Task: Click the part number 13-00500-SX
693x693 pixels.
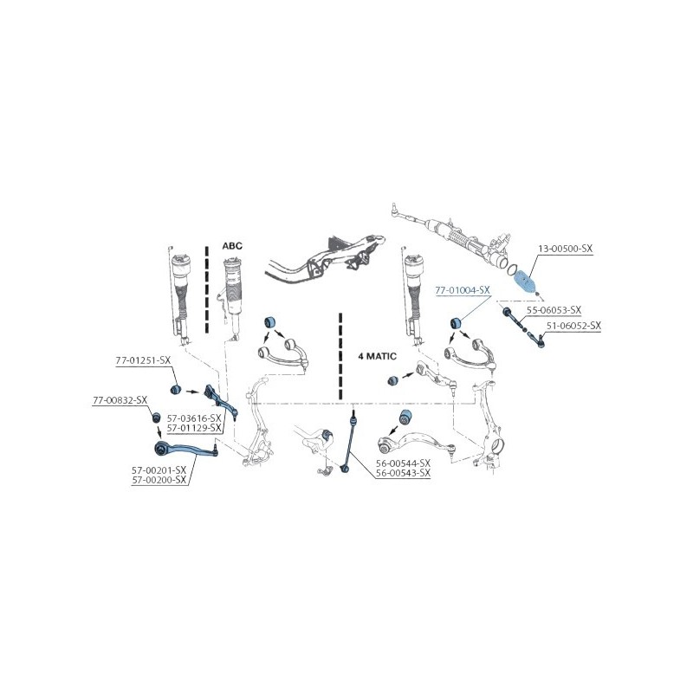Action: click(x=565, y=249)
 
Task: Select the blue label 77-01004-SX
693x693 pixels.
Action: click(x=463, y=290)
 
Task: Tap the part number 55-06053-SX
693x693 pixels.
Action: click(x=554, y=310)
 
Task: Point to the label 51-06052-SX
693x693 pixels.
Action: click(x=573, y=326)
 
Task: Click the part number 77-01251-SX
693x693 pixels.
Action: click(x=143, y=360)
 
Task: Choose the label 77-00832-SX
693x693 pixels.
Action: click(x=120, y=400)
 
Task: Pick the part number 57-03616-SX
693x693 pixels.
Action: click(x=194, y=418)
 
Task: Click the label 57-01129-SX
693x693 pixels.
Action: click(x=194, y=427)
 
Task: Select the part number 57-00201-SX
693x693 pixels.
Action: click(x=159, y=470)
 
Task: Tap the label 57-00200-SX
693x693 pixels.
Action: click(x=159, y=480)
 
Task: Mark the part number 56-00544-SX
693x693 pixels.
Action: click(x=403, y=463)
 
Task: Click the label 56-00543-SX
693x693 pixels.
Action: click(x=403, y=473)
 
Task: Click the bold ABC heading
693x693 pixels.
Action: click(x=232, y=246)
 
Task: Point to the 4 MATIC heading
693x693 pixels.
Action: click(x=377, y=356)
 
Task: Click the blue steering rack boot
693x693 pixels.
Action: click(x=525, y=280)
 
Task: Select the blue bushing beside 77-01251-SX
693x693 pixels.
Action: click(x=177, y=389)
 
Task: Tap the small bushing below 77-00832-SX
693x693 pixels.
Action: click(x=156, y=417)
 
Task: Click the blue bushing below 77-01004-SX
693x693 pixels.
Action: click(x=456, y=323)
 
